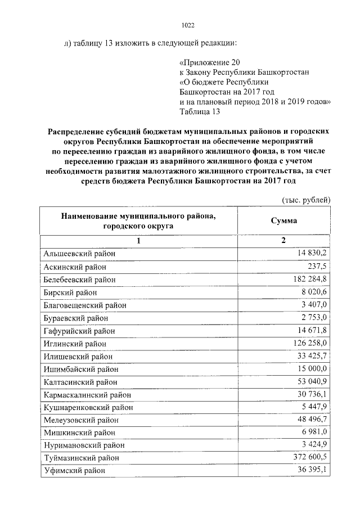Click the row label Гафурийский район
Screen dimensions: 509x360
79,331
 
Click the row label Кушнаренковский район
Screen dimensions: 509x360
88,407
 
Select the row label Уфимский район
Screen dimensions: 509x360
74,471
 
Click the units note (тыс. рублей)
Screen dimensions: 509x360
305,200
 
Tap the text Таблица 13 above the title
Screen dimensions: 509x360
199,111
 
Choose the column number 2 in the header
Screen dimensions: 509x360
283,241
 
